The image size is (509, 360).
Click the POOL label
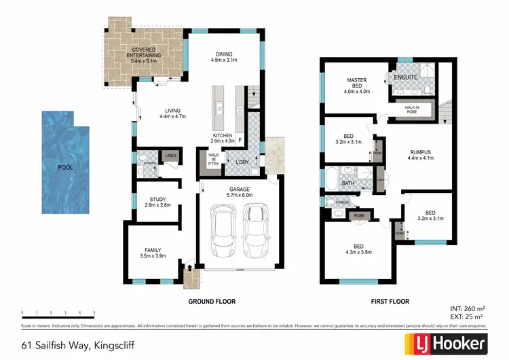66,166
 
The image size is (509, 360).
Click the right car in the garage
254,230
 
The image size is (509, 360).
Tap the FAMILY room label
153,253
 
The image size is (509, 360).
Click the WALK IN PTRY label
213,160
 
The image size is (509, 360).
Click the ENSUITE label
406,78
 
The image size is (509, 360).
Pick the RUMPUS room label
421,154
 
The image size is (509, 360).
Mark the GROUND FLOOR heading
213,300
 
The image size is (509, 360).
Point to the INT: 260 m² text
468,308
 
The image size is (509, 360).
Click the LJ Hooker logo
445,344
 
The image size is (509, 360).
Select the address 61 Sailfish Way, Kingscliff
77,345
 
